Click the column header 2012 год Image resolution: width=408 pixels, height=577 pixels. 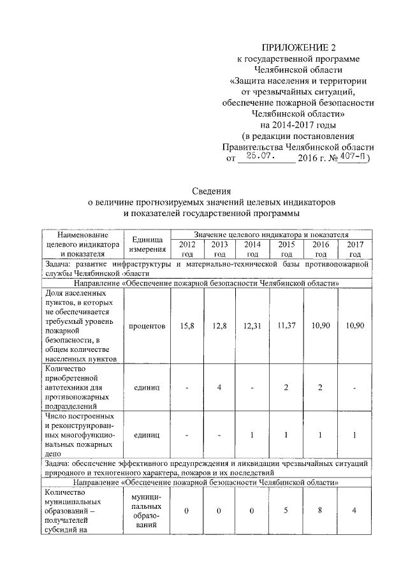pos(187,249)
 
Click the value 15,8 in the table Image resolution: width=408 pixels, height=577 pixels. pos(187,326)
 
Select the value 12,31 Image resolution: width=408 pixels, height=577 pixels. pos(252,326)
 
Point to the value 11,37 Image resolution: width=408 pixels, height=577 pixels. pos(285,326)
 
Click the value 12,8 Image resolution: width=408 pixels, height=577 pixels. pos(219,326)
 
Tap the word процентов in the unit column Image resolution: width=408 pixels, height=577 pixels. pos(147,326)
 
